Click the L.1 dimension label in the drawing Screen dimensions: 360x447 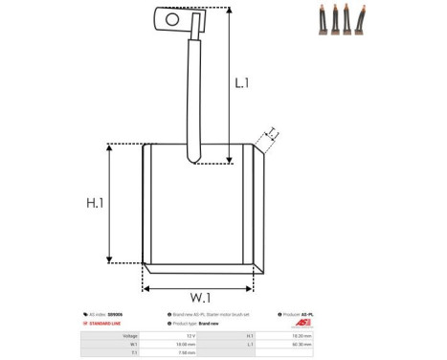coord(242,84)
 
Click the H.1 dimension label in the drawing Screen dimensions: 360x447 coord(94,203)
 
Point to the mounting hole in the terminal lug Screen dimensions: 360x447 coord(173,16)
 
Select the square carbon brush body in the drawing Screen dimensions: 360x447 coord(199,206)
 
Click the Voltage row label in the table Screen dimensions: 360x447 coord(130,336)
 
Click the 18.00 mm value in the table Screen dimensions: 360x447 coord(186,345)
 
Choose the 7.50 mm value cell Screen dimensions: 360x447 coord(186,353)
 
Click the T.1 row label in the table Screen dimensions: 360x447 coord(134,353)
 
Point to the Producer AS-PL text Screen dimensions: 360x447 coord(305,314)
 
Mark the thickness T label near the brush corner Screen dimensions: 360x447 coord(272,132)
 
